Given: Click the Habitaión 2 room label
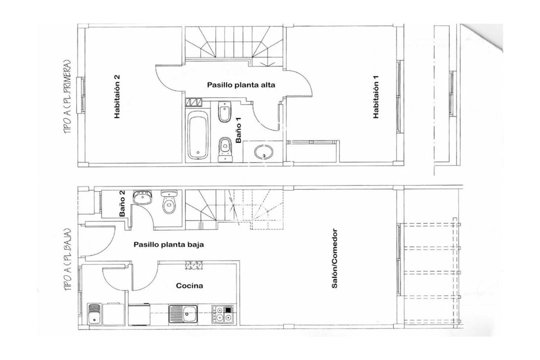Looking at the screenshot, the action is point(117,97).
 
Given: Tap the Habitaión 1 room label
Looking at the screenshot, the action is point(376,97).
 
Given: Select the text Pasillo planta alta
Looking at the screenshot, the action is point(241,85).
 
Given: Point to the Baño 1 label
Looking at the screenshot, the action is point(238,130).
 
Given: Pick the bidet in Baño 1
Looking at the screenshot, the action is point(225,112).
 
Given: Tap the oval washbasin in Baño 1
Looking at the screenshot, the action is point(264,152).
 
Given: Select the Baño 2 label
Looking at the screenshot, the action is point(122,203).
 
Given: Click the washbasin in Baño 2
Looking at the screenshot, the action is point(142,198).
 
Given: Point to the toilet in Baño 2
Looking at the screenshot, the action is point(169,202).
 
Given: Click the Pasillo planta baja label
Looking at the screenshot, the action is point(169,245).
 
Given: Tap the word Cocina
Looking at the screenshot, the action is point(189,286).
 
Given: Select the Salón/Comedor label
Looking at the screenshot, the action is point(334,258).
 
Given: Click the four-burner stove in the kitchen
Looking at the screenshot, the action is point(223,315).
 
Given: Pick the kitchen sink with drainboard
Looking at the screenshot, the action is point(183,314).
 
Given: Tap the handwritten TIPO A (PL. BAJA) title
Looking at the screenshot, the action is point(68,260).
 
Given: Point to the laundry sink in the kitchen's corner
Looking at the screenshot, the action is point(94,314).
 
